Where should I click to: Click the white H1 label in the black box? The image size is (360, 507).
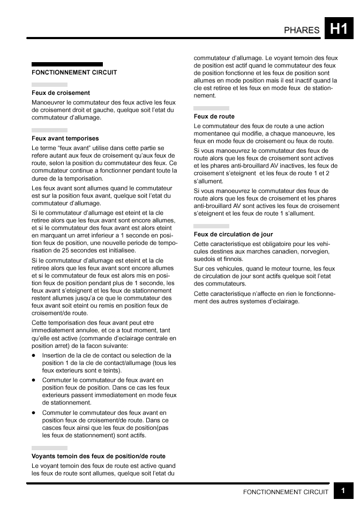pyautogui.click(x=339, y=29)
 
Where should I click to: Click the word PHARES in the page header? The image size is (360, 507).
pyautogui.click(x=302, y=31)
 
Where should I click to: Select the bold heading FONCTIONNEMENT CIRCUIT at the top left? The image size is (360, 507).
pyautogui.click(x=74, y=72)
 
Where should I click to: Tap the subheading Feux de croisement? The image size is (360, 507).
pyautogui.click(x=61, y=93)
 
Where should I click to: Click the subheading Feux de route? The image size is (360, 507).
pyautogui.click(x=214, y=116)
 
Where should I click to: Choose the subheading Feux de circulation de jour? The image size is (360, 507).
pyautogui.click(x=233, y=234)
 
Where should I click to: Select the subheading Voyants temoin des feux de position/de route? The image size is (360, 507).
pyautogui.click(x=99, y=456)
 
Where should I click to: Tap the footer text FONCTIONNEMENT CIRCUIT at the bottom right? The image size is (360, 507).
pyautogui.click(x=286, y=492)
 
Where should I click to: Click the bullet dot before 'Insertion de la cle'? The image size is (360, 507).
pyautogui.click(x=34, y=355)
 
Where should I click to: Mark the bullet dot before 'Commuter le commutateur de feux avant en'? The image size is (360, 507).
pyautogui.click(x=34, y=380)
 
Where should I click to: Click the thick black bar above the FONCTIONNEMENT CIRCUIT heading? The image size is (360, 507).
pyautogui.click(x=67, y=64)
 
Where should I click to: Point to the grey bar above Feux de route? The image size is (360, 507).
pyautogui.click(x=211, y=108)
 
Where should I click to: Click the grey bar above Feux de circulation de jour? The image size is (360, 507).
pyautogui.click(x=211, y=226)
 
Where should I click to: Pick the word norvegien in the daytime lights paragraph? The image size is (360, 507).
pyautogui.click(x=314, y=251)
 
